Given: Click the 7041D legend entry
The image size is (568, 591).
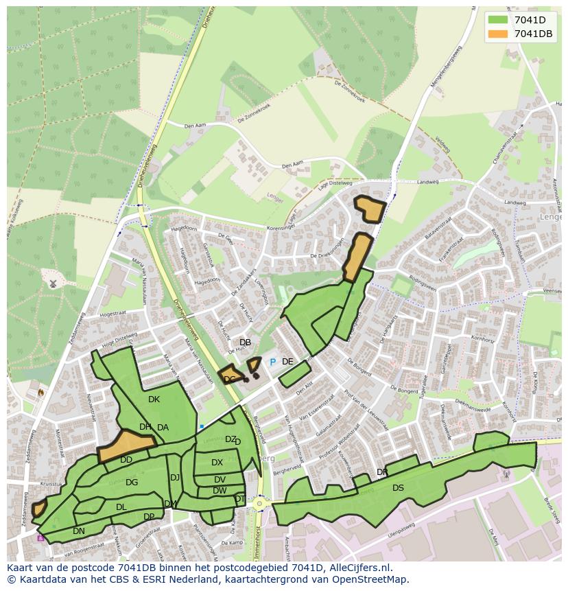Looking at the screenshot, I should pyautogui.click(x=530, y=20).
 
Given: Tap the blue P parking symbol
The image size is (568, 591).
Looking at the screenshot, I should pyautogui.click(x=272, y=362).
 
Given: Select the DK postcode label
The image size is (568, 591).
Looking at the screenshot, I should pyautogui.click(x=154, y=399).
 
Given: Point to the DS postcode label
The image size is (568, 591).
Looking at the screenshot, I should pyautogui.click(x=398, y=488).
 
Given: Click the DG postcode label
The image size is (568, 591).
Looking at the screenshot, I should pyautogui.click(x=132, y=483).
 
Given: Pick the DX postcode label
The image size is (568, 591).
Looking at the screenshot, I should pyautogui.click(x=217, y=463).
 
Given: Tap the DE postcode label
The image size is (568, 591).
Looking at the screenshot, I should pyautogui.click(x=287, y=362).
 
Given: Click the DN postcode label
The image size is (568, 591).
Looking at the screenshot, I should pyautogui.click(x=79, y=531).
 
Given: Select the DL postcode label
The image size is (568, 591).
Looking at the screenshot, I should pyautogui.click(x=121, y=507).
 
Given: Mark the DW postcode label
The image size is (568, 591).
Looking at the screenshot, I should pyautogui.click(x=220, y=491).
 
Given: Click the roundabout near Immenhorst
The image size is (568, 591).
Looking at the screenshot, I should pyautogui.click(x=259, y=504).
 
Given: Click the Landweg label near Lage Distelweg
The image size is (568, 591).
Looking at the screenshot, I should pyautogui.click(x=427, y=182).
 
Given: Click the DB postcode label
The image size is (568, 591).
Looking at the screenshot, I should pyautogui.click(x=245, y=343).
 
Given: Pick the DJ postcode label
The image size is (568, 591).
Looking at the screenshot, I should pyautogui.click(x=175, y=478).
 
